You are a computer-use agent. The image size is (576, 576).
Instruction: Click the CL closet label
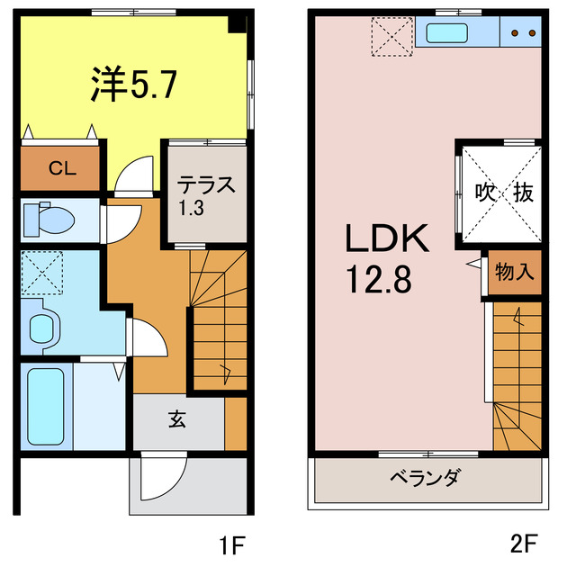62,167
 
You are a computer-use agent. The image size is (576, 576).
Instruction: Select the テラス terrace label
205,186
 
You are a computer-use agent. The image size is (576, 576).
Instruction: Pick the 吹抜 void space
499,192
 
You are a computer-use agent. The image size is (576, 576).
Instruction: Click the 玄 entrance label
176,421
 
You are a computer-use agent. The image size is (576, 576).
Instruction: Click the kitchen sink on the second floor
445,33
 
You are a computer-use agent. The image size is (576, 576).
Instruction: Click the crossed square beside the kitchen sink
391,36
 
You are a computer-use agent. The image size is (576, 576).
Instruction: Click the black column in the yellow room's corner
238,25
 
